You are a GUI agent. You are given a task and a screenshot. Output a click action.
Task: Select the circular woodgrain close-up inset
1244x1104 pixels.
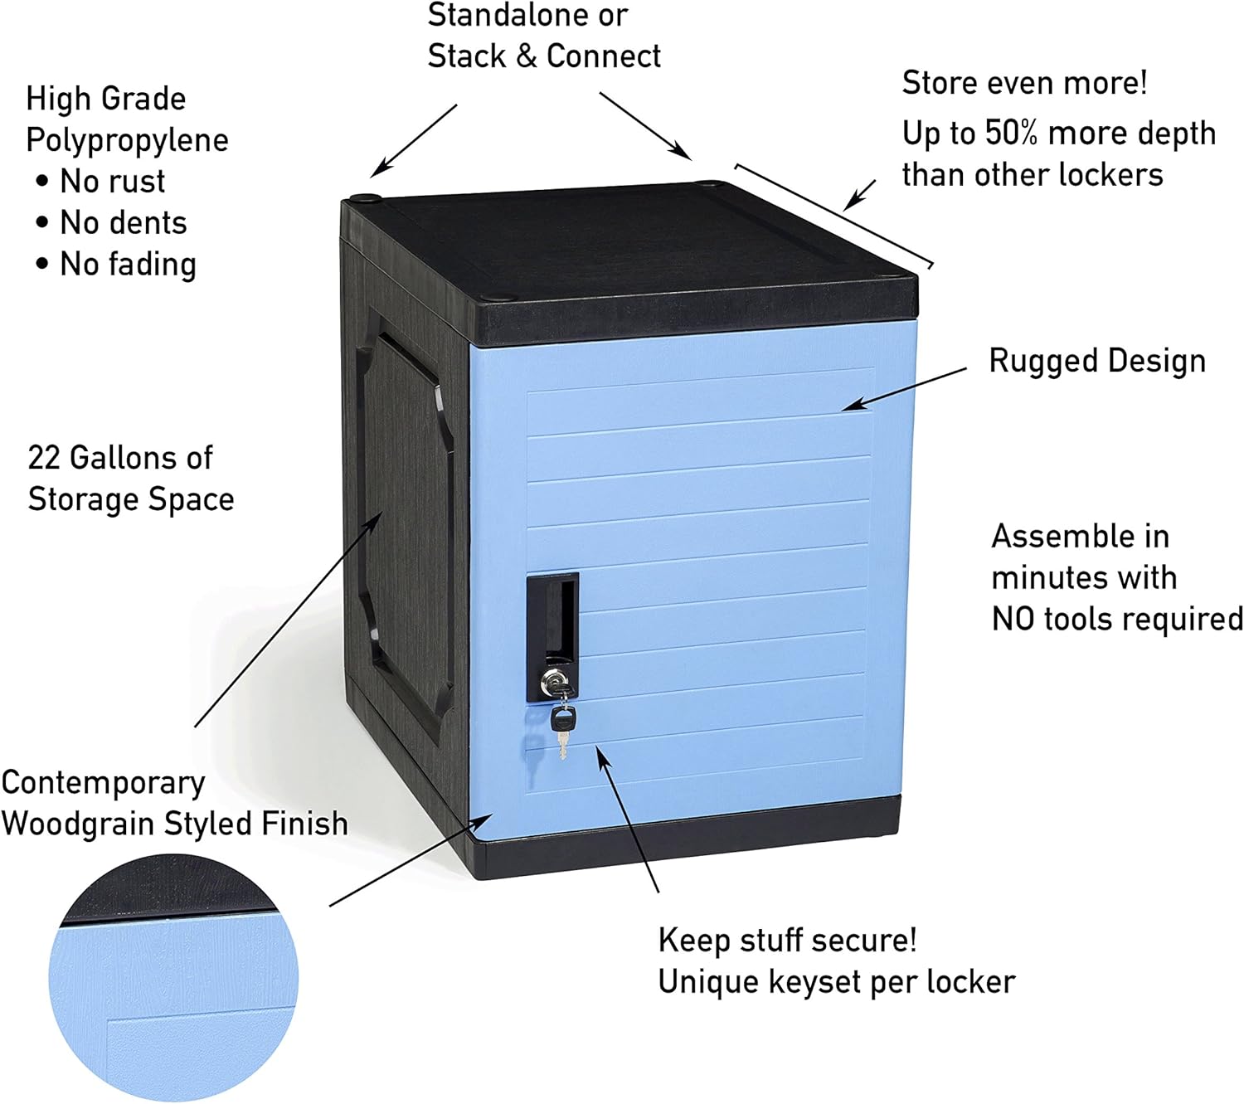point(173,979)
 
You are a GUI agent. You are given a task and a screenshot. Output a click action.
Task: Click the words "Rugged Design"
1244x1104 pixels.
point(1096,361)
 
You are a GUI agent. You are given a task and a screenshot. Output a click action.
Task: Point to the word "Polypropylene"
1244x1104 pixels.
point(127,140)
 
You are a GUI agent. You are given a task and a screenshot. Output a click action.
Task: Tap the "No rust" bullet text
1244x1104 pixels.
point(112,182)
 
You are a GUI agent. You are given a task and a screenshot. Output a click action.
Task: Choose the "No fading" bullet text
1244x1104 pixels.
point(128,265)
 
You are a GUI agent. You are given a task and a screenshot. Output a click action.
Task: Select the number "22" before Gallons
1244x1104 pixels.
point(44,458)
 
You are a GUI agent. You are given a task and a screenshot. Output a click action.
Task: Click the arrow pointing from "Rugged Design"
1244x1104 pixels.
point(904,388)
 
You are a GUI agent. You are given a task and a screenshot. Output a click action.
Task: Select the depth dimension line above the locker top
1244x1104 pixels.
point(833,216)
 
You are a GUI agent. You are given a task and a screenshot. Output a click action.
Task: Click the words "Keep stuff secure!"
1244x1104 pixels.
point(787,941)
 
